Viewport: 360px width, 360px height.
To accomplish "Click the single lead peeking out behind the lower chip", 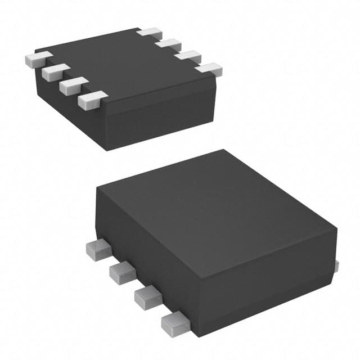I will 337,264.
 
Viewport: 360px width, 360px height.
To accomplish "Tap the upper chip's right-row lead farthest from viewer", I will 150,32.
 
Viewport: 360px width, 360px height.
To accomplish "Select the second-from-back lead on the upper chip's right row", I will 169,43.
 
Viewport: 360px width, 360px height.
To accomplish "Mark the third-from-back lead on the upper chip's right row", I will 188,56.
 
